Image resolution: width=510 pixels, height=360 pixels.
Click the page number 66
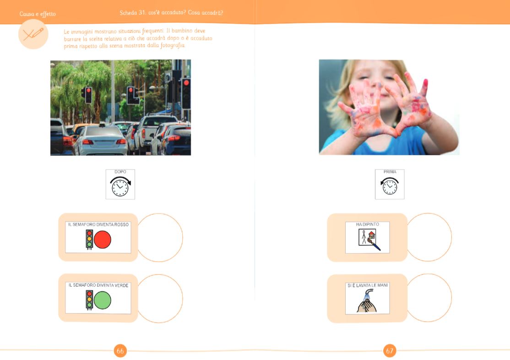coord(120,350)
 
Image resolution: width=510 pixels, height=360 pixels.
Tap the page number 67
coord(390,350)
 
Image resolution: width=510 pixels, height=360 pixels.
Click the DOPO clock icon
coord(120,186)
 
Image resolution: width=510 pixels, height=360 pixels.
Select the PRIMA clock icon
coord(390,186)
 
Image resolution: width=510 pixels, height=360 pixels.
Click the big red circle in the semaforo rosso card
coord(103,240)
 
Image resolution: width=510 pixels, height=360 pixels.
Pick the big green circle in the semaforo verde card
coord(103,300)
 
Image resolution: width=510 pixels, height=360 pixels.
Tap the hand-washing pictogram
coord(367,301)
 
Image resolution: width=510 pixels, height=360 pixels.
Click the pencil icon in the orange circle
coord(33,34)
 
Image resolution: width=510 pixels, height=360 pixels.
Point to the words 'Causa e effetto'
coord(38,14)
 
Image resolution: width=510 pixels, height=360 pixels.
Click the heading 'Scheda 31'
coord(132,13)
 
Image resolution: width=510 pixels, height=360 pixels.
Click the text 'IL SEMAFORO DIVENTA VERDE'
coord(98,285)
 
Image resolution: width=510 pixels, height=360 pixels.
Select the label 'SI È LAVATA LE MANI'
coord(368,285)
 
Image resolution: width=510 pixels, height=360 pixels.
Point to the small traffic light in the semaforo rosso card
coord(89,239)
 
